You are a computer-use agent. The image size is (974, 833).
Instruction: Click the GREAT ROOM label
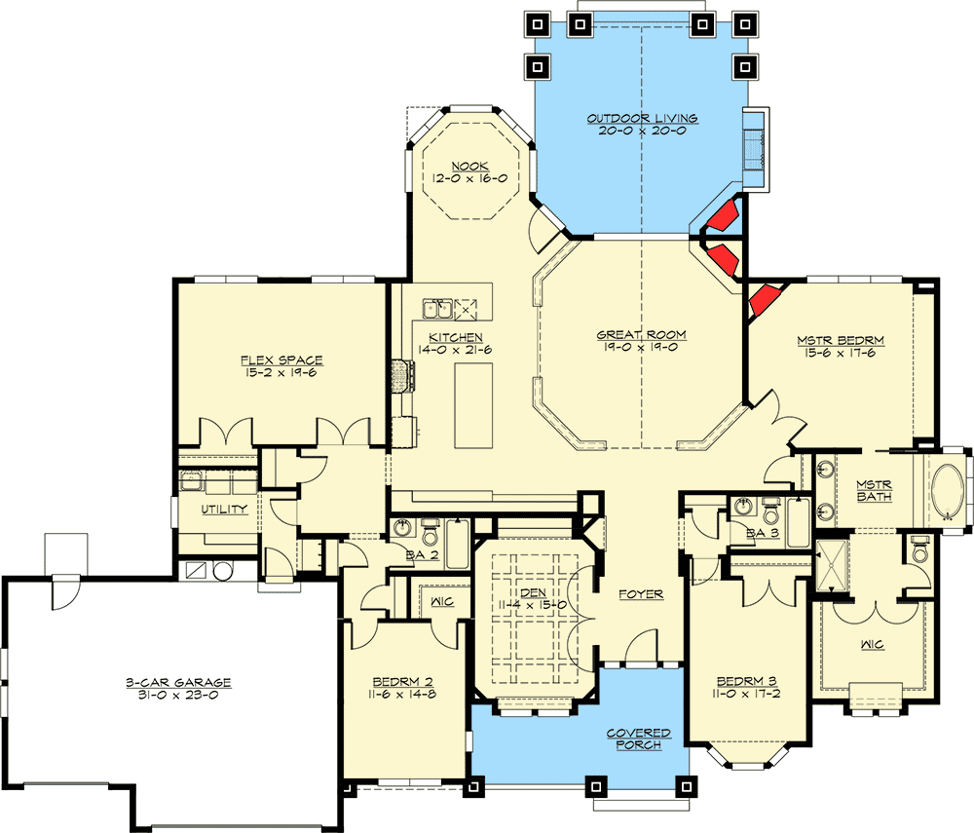(641, 334)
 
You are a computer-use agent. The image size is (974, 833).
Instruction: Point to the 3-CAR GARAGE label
(178, 683)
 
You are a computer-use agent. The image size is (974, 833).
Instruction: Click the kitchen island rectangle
(473, 405)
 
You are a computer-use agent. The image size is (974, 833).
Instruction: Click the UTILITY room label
(225, 509)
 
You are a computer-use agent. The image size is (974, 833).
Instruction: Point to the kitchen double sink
(436, 309)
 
